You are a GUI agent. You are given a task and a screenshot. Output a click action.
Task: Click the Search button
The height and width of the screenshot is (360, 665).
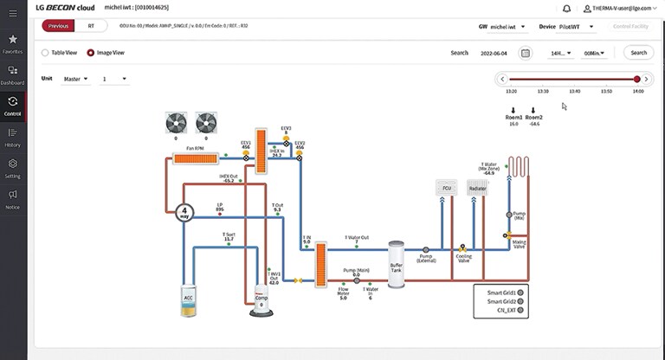coord(638,53)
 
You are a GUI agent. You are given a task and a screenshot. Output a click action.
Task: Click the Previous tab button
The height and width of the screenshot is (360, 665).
coord(59,26)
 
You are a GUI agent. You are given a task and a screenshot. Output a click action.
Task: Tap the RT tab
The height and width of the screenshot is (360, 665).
coord(91,26)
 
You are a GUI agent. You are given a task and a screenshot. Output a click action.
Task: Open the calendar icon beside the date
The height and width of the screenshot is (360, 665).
coord(525,53)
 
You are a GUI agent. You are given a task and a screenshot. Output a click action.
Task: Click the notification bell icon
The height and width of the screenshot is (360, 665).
coord(566,8)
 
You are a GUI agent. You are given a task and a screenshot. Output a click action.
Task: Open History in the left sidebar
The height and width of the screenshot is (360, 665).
coord(13,137)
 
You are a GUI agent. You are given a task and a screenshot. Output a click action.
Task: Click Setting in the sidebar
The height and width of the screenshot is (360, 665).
coord(13,167)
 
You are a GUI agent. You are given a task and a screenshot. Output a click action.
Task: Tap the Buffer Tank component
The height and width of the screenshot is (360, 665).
coord(397,259)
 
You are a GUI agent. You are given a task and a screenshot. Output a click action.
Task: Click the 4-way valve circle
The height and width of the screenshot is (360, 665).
coord(184,211)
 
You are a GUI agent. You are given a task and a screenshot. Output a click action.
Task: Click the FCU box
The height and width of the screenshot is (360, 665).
coord(447,188)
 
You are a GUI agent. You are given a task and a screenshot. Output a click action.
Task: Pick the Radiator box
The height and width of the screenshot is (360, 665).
coord(477,188)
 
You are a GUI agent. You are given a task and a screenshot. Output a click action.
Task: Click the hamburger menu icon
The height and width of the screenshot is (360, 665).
coord(12,12)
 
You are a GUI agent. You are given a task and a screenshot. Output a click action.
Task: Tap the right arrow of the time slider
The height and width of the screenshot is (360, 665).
coord(646,79)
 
